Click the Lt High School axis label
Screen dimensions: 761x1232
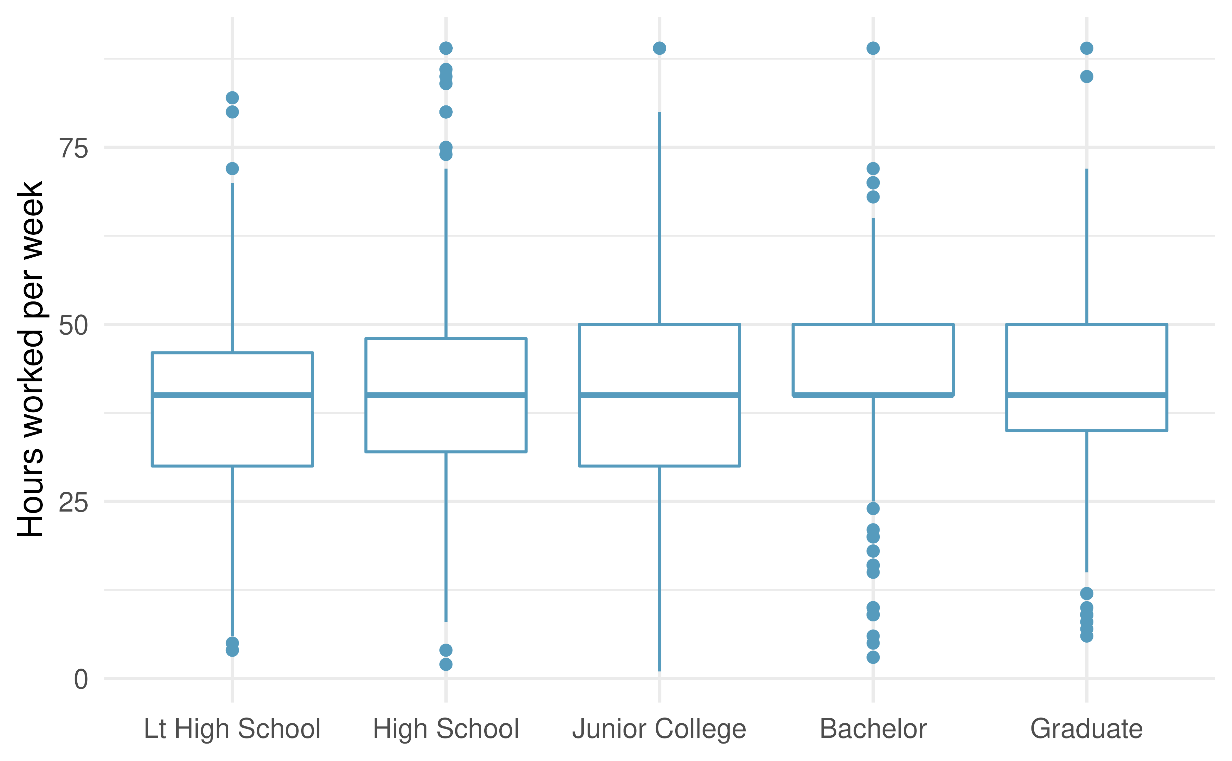point(232,729)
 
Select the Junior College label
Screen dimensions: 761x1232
point(659,729)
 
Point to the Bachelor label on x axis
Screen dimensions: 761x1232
point(873,729)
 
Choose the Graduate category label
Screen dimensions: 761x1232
point(1087,729)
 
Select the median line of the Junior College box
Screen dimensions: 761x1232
point(659,395)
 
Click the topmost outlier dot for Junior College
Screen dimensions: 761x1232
point(659,48)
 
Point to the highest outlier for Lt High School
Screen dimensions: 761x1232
point(232,98)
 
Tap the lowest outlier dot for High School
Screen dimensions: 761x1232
point(446,665)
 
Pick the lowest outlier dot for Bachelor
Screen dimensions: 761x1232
point(873,657)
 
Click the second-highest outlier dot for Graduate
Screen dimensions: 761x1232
point(1087,77)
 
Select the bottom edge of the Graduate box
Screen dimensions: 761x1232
point(1087,431)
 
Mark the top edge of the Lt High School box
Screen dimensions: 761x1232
point(232,353)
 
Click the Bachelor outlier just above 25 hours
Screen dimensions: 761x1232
point(873,508)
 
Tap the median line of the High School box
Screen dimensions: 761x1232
point(446,395)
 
